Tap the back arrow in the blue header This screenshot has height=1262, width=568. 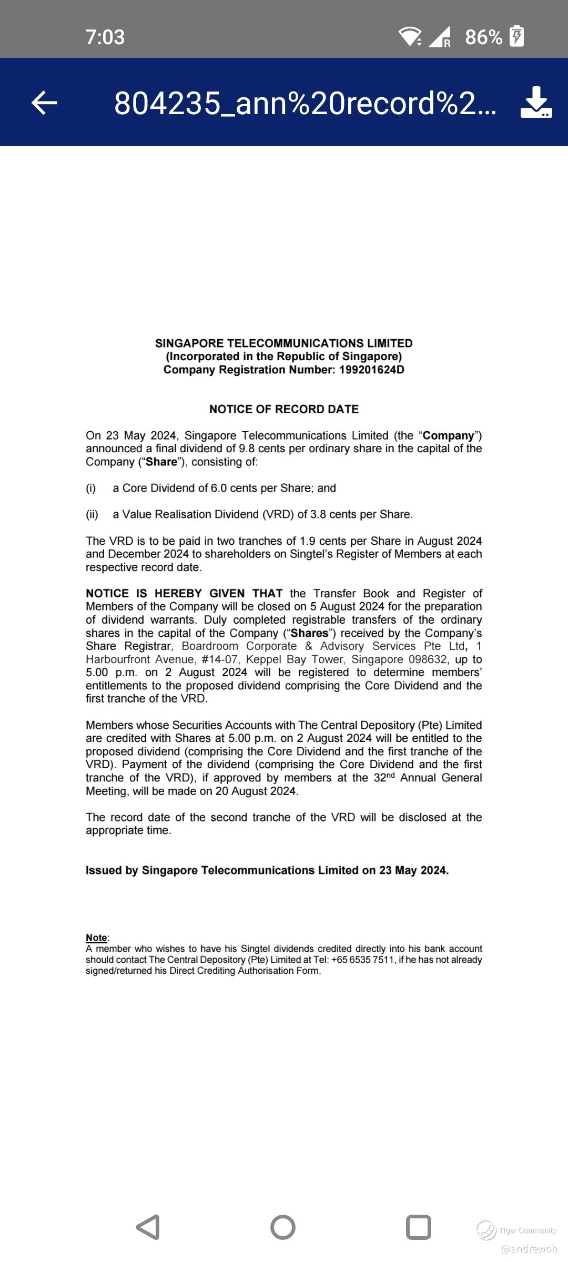pyautogui.click(x=45, y=103)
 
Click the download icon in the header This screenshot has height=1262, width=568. pyautogui.click(x=536, y=103)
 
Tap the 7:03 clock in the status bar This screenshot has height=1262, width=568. pyautogui.click(x=105, y=37)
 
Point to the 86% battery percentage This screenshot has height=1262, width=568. pyautogui.click(x=483, y=37)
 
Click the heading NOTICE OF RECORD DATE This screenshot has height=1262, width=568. pyautogui.click(x=284, y=409)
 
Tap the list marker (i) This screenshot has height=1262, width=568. pyautogui.click(x=91, y=488)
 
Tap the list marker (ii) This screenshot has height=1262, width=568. pyautogui.click(x=92, y=514)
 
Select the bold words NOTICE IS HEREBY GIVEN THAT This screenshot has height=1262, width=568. pyautogui.click(x=184, y=593)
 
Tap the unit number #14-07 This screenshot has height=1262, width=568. pyautogui.click(x=219, y=659)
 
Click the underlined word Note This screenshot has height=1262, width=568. pyautogui.click(x=96, y=938)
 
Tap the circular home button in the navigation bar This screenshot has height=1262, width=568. pyautogui.click(x=283, y=1227)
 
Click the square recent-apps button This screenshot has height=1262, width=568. pyautogui.click(x=419, y=1227)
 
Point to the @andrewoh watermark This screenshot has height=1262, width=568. pyautogui.click(x=529, y=1249)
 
